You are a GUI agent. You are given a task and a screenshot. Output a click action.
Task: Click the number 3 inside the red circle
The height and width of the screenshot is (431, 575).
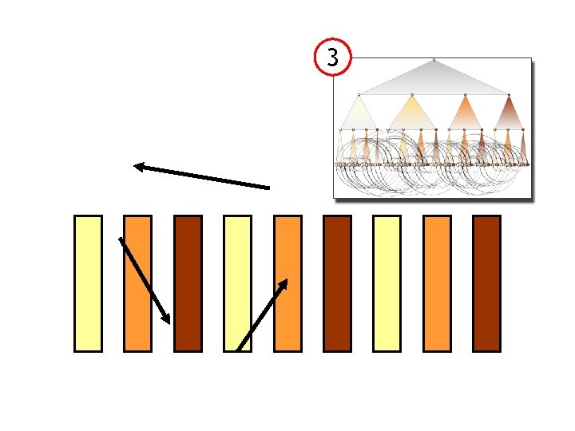pyautogui.click(x=333, y=57)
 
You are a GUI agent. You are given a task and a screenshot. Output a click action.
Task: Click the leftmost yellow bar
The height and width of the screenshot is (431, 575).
pyautogui.click(x=88, y=283)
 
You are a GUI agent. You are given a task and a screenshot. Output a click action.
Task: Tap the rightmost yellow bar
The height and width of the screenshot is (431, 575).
pyautogui.click(x=387, y=283)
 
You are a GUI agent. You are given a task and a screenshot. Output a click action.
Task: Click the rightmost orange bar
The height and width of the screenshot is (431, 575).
pyautogui.click(x=437, y=283)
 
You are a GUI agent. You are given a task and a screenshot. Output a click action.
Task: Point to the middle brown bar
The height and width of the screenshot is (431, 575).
pyautogui.click(x=337, y=283)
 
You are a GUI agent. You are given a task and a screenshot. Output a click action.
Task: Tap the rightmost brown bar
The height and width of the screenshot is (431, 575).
pyautogui.click(x=486, y=283)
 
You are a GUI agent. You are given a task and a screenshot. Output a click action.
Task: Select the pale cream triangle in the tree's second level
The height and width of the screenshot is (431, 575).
pyautogui.click(x=359, y=114)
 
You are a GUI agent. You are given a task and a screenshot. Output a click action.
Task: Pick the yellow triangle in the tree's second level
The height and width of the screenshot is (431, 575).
pyautogui.click(x=410, y=113)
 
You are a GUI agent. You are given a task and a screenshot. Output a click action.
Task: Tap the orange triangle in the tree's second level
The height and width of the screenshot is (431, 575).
pyautogui.click(x=463, y=113)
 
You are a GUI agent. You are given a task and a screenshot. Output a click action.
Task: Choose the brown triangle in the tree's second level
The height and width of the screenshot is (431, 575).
pyautogui.click(x=510, y=113)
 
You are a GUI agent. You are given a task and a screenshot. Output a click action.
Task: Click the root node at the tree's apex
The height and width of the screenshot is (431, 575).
pyautogui.click(x=434, y=60)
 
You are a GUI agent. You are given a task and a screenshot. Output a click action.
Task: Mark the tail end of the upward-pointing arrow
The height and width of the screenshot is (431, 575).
pyautogui.click(x=239, y=349)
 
